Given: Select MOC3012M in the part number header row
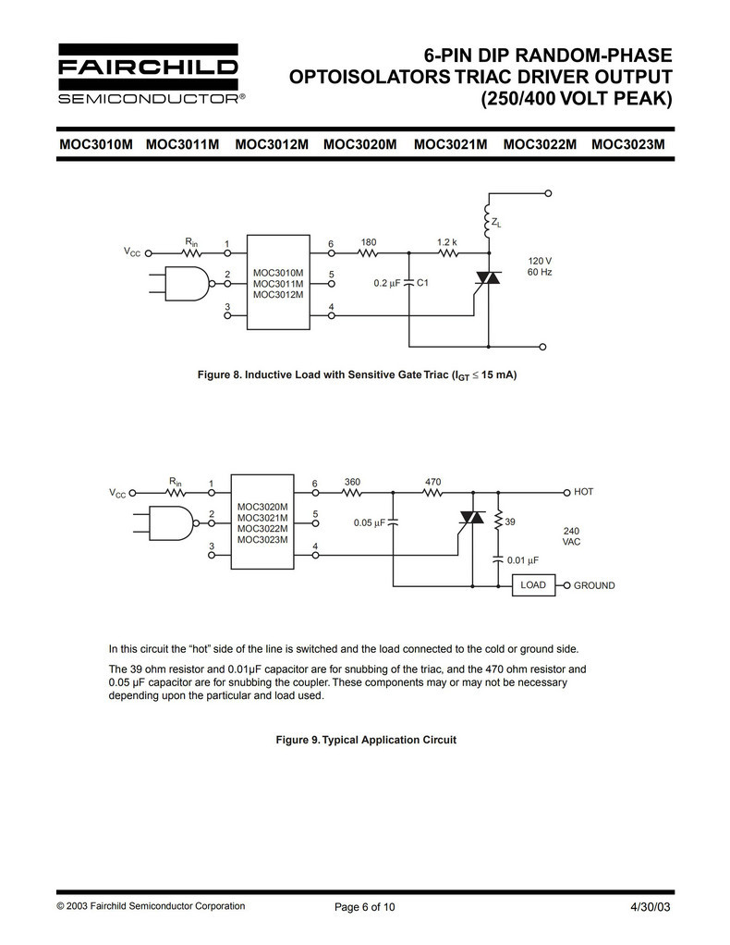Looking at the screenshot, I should pos(272,144).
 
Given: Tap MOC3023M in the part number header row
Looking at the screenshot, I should pos(628,144).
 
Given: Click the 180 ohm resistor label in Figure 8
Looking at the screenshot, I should pos(369,242).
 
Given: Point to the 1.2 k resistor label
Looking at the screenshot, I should pos(447,242).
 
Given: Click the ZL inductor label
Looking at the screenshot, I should pos(497,223).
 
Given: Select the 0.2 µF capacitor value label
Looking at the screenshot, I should pos(386,283).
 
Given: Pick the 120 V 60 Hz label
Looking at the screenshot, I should pos(540,267).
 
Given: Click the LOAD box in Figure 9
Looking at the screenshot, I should pos(533,585).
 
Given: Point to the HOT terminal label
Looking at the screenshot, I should pos(583,492).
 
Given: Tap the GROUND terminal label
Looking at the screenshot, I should pos(594,585).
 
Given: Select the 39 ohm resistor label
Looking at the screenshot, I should pos(510,522).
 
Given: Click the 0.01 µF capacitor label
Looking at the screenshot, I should pos(523,559).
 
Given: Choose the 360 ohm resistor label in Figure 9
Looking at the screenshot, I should pos(352,482).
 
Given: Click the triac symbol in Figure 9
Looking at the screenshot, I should pos(472,518).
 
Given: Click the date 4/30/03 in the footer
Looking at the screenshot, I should pos(651,906).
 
